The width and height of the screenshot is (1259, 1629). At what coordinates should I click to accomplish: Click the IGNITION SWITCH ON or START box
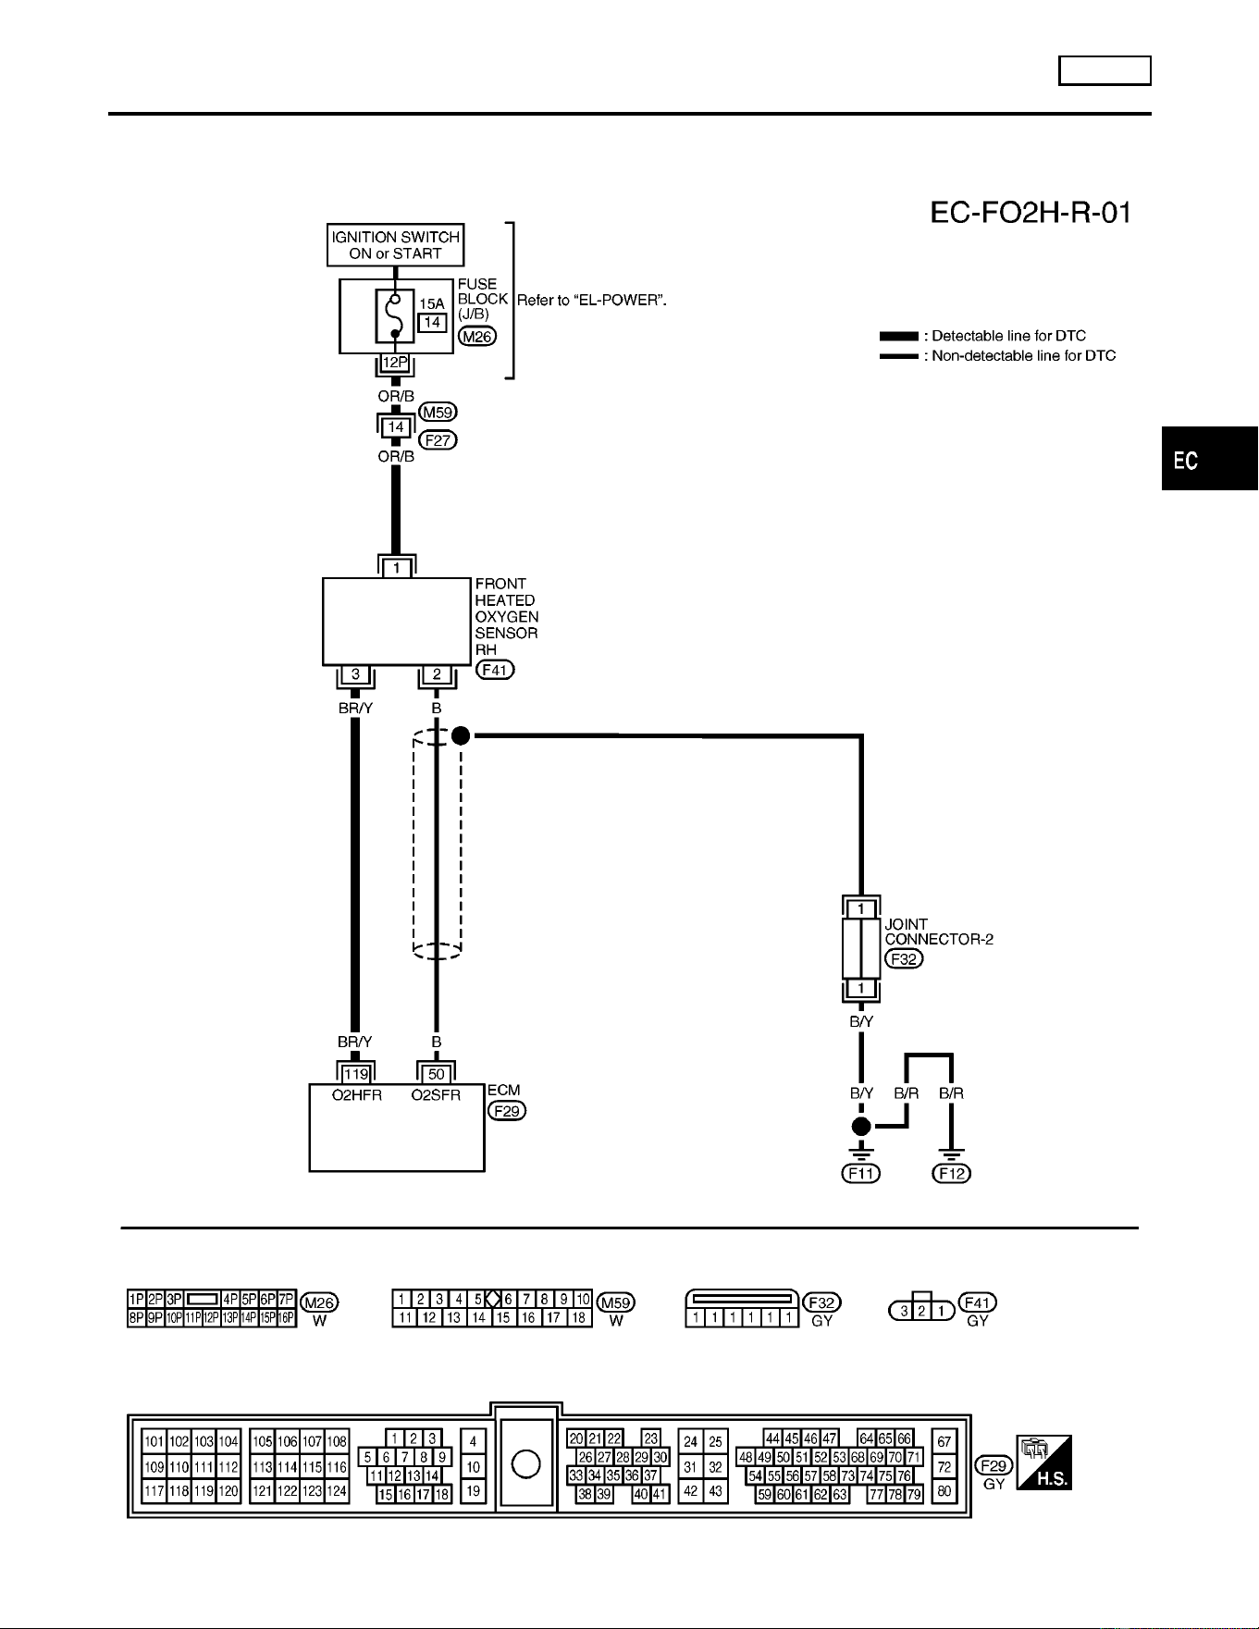(x=396, y=245)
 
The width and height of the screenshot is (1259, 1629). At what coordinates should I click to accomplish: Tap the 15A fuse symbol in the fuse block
(x=395, y=315)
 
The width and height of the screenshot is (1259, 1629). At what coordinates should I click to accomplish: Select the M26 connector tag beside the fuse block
(x=477, y=337)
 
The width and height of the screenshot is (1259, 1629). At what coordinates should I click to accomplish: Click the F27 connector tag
(x=438, y=440)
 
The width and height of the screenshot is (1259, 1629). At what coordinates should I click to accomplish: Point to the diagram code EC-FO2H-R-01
(x=1031, y=214)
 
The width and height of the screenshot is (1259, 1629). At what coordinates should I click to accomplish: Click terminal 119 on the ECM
(x=356, y=1074)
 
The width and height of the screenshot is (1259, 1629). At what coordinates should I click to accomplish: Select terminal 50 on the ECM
(x=437, y=1074)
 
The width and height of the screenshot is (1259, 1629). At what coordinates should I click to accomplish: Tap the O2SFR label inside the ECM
(x=436, y=1095)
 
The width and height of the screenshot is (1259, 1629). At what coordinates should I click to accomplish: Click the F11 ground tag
(x=861, y=1173)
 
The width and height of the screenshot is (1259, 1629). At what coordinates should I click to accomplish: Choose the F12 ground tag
(x=952, y=1173)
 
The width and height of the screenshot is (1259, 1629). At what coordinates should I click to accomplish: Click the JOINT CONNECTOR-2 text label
(x=939, y=932)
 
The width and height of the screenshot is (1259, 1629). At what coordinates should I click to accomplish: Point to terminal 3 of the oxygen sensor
(x=356, y=674)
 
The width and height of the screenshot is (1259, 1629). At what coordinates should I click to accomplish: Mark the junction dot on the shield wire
(x=461, y=735)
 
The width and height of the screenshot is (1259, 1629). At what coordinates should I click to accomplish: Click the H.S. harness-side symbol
(x=1044, y=1462)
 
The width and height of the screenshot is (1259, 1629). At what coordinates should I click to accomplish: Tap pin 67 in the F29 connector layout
(x=944, y=1441)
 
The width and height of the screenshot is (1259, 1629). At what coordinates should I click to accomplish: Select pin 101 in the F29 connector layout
(x=154, y=1441)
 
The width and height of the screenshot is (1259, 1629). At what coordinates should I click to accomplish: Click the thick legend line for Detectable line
(x=898, y=336)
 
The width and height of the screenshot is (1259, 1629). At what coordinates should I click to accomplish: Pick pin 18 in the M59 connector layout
(x=579, y=1317)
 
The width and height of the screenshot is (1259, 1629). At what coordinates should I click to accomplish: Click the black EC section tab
(x=1210, y=459)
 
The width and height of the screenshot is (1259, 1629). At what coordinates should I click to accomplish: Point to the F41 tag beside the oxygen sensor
(x=495, y=669)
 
